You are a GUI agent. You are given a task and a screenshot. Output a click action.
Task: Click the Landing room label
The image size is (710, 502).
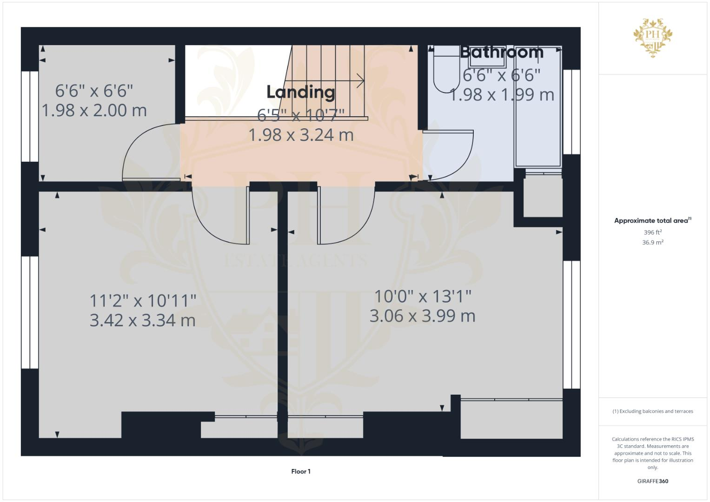pos(300,92)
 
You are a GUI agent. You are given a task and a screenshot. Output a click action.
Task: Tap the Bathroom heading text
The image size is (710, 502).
pos(501,52)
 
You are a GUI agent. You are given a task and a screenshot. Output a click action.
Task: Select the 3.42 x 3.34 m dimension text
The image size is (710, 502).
pos(142,320)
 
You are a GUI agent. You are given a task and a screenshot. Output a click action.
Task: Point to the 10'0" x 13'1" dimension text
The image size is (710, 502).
pos(423,296)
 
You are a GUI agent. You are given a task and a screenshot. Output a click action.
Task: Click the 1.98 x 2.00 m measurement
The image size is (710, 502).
pos(94,111)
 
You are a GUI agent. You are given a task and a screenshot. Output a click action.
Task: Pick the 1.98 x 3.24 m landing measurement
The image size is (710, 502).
pos(301,135)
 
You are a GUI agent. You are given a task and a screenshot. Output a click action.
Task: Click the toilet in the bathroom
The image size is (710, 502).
pos(446,70)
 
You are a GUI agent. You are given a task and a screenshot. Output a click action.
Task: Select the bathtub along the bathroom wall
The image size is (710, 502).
pos(537,107)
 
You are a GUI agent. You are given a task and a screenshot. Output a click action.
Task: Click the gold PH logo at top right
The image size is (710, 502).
pos(652,37)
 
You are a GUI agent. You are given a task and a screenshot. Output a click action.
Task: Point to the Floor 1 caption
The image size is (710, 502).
pos(301,471)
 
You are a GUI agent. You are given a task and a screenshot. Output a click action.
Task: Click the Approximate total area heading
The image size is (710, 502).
pos(652,221)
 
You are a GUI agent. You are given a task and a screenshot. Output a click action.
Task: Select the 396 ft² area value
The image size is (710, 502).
pos(652,232)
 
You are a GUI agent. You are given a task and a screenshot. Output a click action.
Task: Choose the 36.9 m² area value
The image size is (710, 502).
pos(652,242)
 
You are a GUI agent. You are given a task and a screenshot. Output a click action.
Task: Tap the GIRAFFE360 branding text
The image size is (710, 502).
pos(652,481)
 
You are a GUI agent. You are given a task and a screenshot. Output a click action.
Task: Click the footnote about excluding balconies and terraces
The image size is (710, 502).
pos(652,411)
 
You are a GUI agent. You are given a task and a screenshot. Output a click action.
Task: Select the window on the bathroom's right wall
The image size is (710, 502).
pos(571,112)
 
